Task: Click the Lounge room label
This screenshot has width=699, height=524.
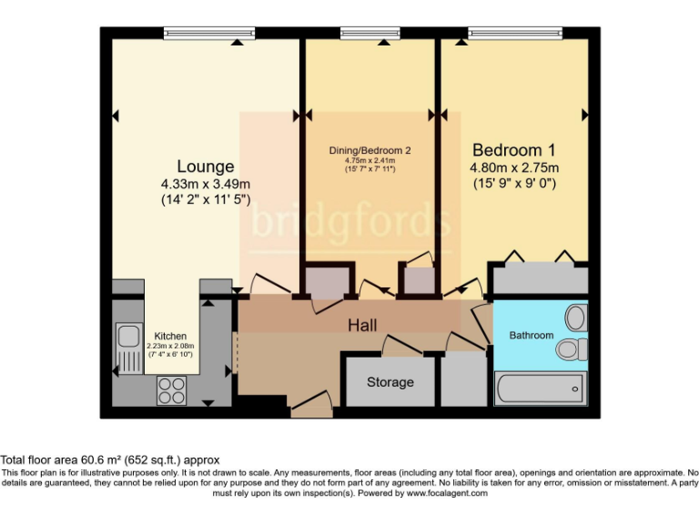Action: pos(205,166)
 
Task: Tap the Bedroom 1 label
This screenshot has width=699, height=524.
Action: pos(513,149)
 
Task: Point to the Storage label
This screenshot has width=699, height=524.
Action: pos(390,382)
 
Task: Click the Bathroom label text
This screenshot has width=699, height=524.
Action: pos(531,335)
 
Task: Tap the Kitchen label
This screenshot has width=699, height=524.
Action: pos(170,336)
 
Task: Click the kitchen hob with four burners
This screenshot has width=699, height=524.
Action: pos(171,390)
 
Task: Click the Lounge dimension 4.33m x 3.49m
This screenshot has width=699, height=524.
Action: pos(205,184)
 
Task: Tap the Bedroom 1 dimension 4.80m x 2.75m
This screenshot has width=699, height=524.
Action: pos(513,167)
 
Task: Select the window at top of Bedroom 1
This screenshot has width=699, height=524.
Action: pos(516,34)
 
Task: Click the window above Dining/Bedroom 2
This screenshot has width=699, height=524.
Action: pos(370,34)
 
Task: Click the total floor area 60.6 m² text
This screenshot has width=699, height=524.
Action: pos(110,460)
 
